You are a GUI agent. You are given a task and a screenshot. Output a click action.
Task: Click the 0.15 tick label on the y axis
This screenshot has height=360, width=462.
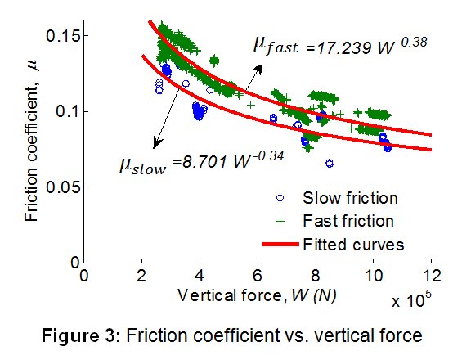click(63, 36)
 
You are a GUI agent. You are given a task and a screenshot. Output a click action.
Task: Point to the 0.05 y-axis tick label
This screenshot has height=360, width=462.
click(63, 187)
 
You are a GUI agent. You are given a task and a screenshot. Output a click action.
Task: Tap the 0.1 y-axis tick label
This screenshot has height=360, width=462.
click(68, 112)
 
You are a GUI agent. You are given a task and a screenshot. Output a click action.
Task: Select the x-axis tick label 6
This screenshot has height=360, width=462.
click(258, 276)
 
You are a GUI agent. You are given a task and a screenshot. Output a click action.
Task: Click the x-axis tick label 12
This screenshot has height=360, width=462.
click(432, 276)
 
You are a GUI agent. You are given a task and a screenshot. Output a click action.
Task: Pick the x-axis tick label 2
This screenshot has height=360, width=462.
click(142, 276)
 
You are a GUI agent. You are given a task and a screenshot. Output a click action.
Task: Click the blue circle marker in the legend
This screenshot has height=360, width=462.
click(280, 198)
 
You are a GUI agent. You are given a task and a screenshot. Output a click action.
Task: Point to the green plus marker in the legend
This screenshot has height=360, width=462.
click(280, 221)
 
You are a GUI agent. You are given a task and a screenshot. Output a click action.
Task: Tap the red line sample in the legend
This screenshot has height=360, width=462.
click(280, 244)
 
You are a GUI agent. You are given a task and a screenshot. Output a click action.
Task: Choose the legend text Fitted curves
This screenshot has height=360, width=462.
click(353, 245)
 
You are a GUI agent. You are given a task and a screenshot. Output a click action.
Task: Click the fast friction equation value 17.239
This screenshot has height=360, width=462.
click(343, 47)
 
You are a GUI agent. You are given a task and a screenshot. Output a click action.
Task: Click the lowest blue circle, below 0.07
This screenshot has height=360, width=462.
click(330, 164)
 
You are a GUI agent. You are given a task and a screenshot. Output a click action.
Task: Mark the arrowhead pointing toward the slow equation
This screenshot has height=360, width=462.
click(157, 143)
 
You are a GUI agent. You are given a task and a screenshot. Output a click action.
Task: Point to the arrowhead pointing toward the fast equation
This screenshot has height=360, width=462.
click(258, 70)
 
